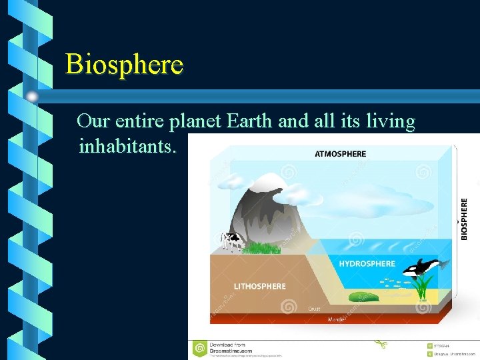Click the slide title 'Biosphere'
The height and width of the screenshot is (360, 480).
(x=124, y=65)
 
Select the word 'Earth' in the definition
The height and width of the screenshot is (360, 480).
(x=250, y=121)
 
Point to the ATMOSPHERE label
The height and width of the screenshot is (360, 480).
(x=340, y=154)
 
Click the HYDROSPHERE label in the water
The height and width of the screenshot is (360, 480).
(x=367, y=264)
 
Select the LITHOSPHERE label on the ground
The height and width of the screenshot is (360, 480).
(x=259, y=287)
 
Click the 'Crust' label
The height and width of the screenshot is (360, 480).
(x=314, y=309)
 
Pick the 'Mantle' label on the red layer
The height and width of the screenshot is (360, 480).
(x=337, y=320)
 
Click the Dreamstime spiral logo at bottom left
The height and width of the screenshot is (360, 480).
(x=199, y=348)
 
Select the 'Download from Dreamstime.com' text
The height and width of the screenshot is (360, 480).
(x=231, y=347)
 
